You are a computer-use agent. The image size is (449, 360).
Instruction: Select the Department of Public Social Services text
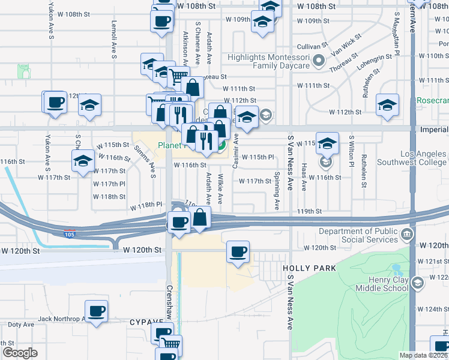pos(358,235)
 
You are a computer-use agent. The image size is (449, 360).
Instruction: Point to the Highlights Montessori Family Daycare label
pos(268,61)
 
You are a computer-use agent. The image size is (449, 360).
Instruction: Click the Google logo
pos(20,353)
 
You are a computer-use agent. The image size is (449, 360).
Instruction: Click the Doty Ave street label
pos(21,325)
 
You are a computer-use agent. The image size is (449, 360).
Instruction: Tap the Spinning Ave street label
pos(277,191)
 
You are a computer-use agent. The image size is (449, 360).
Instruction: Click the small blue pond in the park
pos(396,269)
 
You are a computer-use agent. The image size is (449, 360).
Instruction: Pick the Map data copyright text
pos(424,355)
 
